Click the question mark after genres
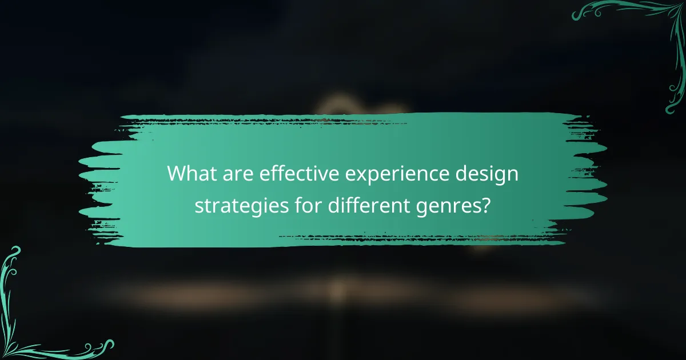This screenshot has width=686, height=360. point(486,204)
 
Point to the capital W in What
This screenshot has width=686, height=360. point(178,173)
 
